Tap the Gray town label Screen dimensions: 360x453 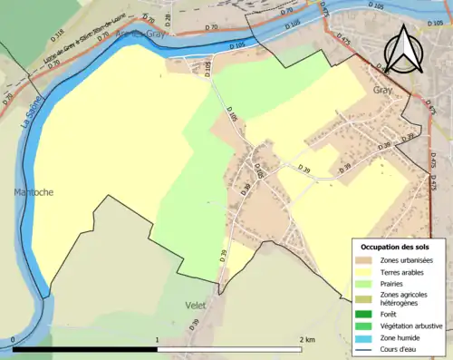click(382, 91)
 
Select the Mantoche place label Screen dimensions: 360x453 click(34, 192)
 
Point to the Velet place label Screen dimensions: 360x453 click(196, 305)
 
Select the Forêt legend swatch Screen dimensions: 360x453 click(364, 313)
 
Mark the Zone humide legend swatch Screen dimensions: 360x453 click(364, 336)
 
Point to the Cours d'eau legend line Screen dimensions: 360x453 click(364, 348)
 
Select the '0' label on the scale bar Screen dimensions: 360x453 click(14, 340)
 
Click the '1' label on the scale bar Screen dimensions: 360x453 click(158, 340)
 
